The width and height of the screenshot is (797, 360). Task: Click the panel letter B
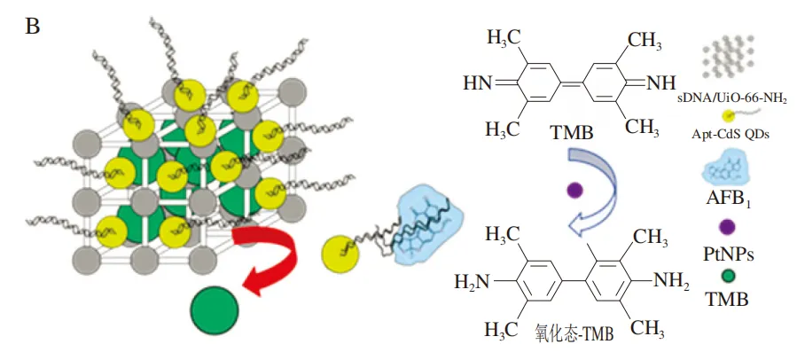pyautogui.click(x=33, y=26)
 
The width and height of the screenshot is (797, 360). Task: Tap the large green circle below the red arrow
pyautogui.click(x=215, y=309)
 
